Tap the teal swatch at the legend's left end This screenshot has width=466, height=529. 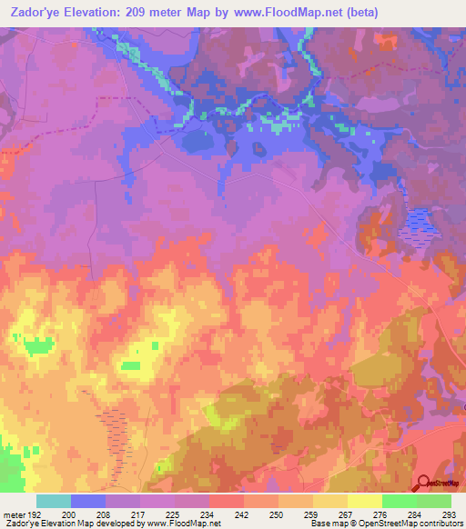[x=53, y=501]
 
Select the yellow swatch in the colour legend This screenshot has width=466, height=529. [x=364, y=501]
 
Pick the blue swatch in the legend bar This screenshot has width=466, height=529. [x=87, y=501]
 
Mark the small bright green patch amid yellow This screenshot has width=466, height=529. [x=133, y=365]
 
